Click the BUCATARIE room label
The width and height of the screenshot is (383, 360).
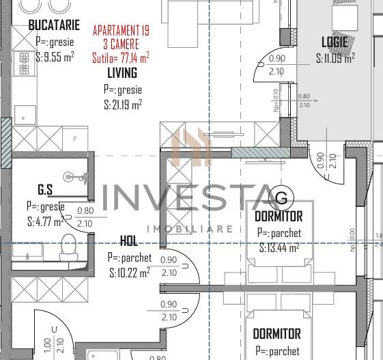click(52, 25)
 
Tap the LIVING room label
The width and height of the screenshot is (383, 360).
click(122, 72)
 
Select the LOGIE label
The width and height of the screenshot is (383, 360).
click(335, 42)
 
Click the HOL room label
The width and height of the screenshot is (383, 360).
click(128, 240)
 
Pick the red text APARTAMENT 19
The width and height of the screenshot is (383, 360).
click(121, 31)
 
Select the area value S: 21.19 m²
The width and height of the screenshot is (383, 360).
click(123, 105)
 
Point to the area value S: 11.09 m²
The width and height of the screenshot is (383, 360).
click(335, 59)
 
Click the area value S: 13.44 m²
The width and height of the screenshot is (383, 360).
click(279, 249)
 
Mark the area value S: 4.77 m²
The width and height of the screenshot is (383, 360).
click(45, 222)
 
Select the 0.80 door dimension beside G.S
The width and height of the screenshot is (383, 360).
click(85, 211)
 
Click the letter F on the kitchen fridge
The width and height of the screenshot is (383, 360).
click(74, 139)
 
